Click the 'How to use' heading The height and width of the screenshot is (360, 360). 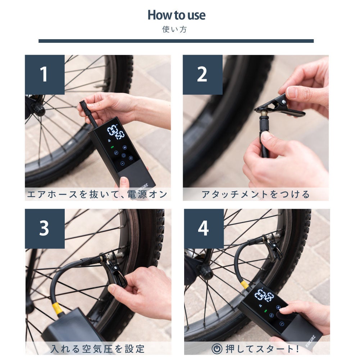(176, 15)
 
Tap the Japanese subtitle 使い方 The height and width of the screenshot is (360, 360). (174, 29)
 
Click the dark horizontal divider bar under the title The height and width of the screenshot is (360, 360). (176, 41)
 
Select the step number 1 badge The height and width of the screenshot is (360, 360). (45, 74)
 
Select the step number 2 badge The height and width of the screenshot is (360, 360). (203, 74)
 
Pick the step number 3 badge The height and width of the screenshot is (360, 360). (45, 229)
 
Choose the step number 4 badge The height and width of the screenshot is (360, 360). (204, 229)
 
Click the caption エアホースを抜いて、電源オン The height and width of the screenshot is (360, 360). (97, 195)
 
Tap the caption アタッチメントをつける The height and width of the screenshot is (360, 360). (256, 195)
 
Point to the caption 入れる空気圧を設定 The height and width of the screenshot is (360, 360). (97, 349)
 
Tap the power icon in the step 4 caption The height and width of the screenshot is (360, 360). (217, 349)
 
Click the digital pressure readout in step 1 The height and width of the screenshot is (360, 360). (116, 132)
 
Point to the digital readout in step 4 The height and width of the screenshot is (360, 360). (264, 296)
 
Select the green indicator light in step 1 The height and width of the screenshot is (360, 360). (112, 147)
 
